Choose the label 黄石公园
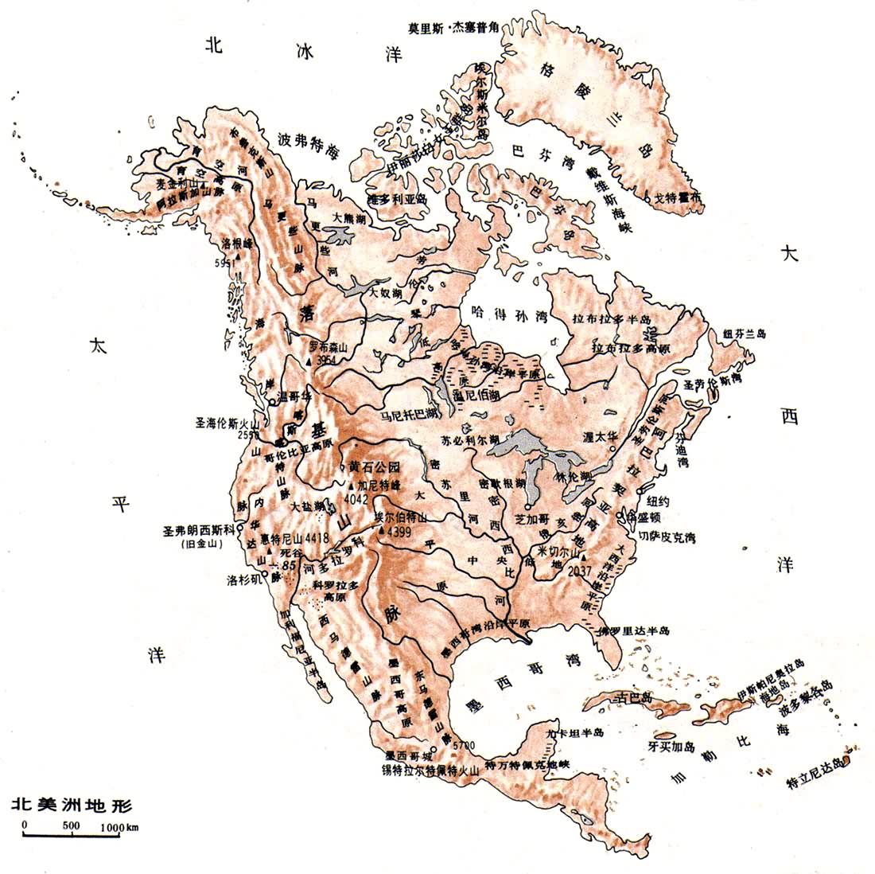coord(373,468)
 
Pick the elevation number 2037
coord(581,570)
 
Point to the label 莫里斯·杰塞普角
coord(453,26)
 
